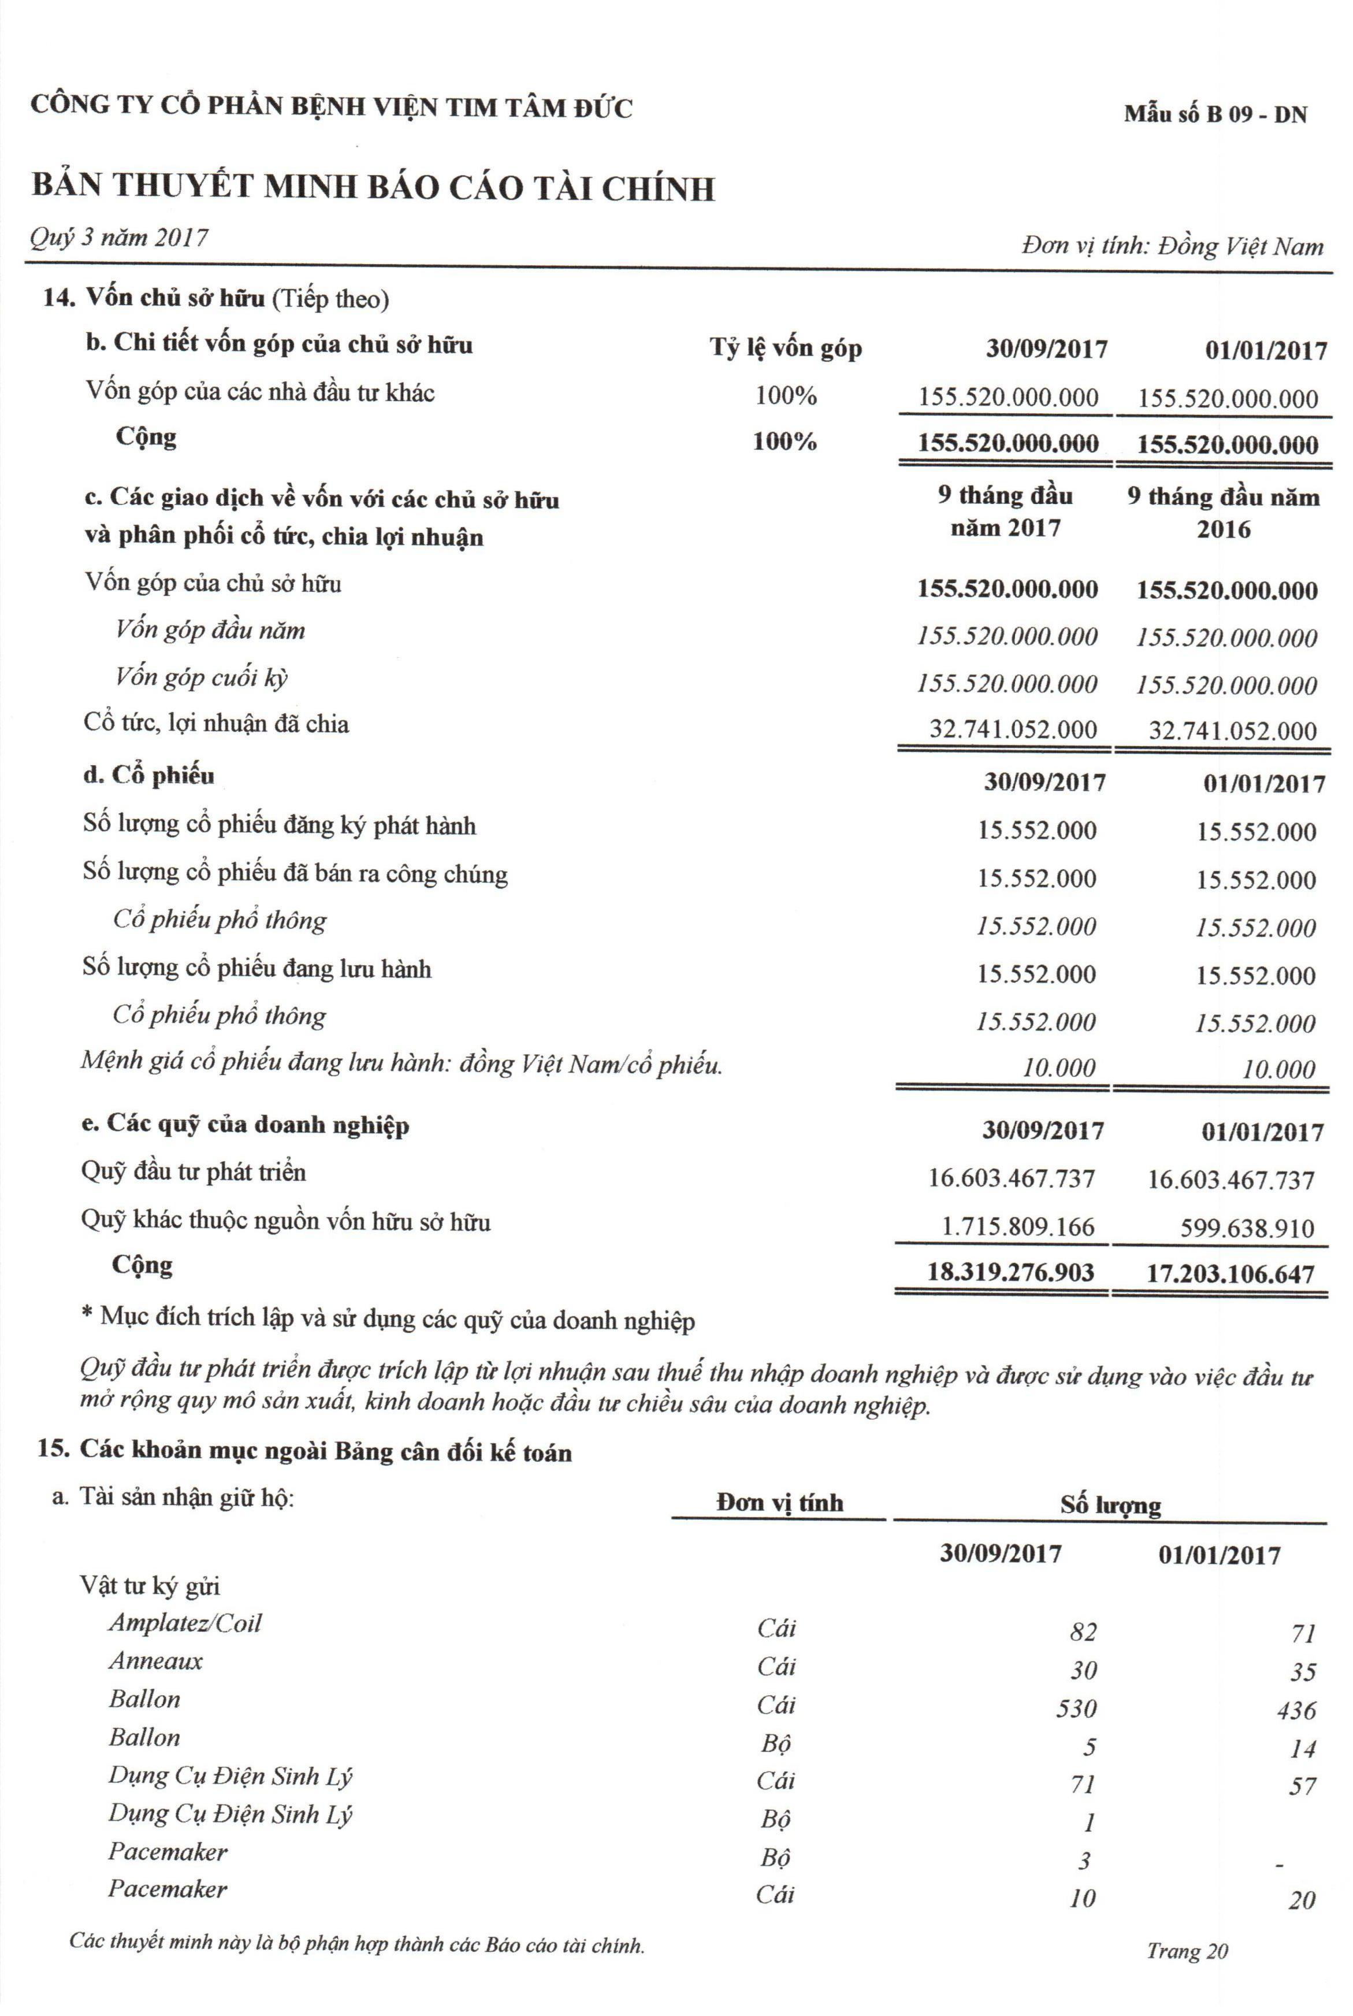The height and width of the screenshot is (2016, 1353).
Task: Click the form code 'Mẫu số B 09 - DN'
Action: coord(1214,114)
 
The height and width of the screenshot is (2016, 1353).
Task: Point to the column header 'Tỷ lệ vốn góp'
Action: coord(785,348)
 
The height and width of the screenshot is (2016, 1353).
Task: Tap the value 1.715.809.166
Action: coord(1017,1226)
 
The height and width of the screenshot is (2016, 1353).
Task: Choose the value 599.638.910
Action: coord(1247,1228)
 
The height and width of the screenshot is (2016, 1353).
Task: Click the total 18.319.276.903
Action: coord(1010,1272)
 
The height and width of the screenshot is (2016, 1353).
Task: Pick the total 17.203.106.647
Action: coord(1231,1274)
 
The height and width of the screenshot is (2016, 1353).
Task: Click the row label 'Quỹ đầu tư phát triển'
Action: coord(194,1172)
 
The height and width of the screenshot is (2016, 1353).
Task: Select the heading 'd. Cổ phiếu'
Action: coord(148,775)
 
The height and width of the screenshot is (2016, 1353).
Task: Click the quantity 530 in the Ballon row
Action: coord(1076,1708)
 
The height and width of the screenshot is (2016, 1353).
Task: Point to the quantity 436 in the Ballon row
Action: coord(1296,1710)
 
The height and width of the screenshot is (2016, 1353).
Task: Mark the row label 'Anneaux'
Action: coord(156,1661)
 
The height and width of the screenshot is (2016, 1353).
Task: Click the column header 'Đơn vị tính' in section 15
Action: coord(779,1503)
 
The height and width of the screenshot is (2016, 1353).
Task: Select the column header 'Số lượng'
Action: coord(1110,1504)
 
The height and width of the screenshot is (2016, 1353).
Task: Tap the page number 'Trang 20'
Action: coord(1187,1951)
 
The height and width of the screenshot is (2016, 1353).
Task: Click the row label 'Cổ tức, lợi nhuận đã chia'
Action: coord(217,723)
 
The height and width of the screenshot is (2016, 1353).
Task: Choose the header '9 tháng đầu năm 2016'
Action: coord(1224,513)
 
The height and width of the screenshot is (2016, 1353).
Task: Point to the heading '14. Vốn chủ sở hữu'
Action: coord(154,299)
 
